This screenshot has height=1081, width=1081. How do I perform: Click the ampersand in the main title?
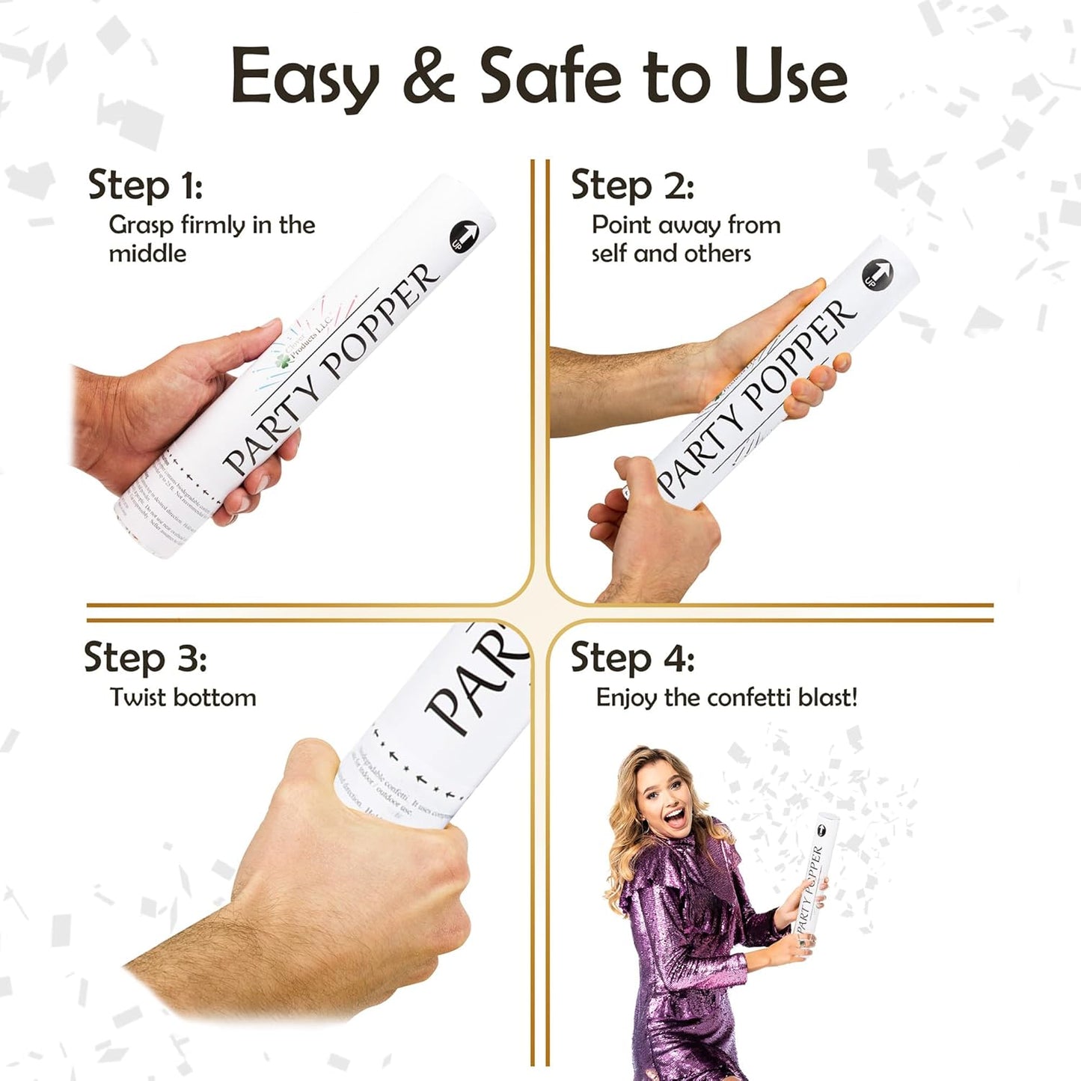pos(429,76)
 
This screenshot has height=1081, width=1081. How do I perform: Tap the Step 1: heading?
pos(145,185)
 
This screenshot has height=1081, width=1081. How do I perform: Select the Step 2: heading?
pos(632,185)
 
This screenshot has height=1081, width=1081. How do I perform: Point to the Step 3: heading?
pos(145,658)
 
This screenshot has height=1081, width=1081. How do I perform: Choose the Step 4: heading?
pos(632,658)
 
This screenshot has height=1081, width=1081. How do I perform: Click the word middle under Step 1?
pos(147,254)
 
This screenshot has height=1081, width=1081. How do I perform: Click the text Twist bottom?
pos(183,697)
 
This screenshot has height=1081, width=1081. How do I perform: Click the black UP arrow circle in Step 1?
pos(465,236)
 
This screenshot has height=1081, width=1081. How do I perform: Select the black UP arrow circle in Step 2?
pos(878,274)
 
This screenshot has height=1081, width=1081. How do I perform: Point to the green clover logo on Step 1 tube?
pos(284,361)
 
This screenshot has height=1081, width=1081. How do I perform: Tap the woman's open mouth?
pos(676,818)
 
